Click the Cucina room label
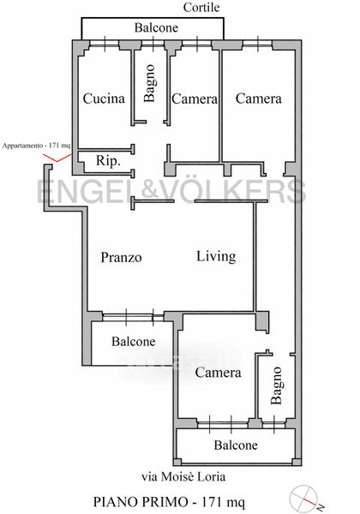coord(104,99)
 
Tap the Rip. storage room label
coord(108,161)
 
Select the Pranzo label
coord(121,257)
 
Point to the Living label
coord(216,256)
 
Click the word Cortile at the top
coord(201,7)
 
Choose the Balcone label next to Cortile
coord(156,27)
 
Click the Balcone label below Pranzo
coord(133,341)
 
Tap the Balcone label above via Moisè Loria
coord(236,445)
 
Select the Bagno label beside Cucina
coord(149,83)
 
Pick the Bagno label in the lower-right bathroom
coord(276,385)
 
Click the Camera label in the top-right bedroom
coord(258,99)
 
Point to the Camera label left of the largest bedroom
coord(195,99)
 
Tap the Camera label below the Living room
coord(218,373)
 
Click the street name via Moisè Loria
coord(183,476)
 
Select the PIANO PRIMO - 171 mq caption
coord(169,502)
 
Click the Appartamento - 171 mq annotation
coord(36,146)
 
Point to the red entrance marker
coord(57,158)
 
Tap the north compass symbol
coord(304,499)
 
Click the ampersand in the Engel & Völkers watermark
coord(152,191)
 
